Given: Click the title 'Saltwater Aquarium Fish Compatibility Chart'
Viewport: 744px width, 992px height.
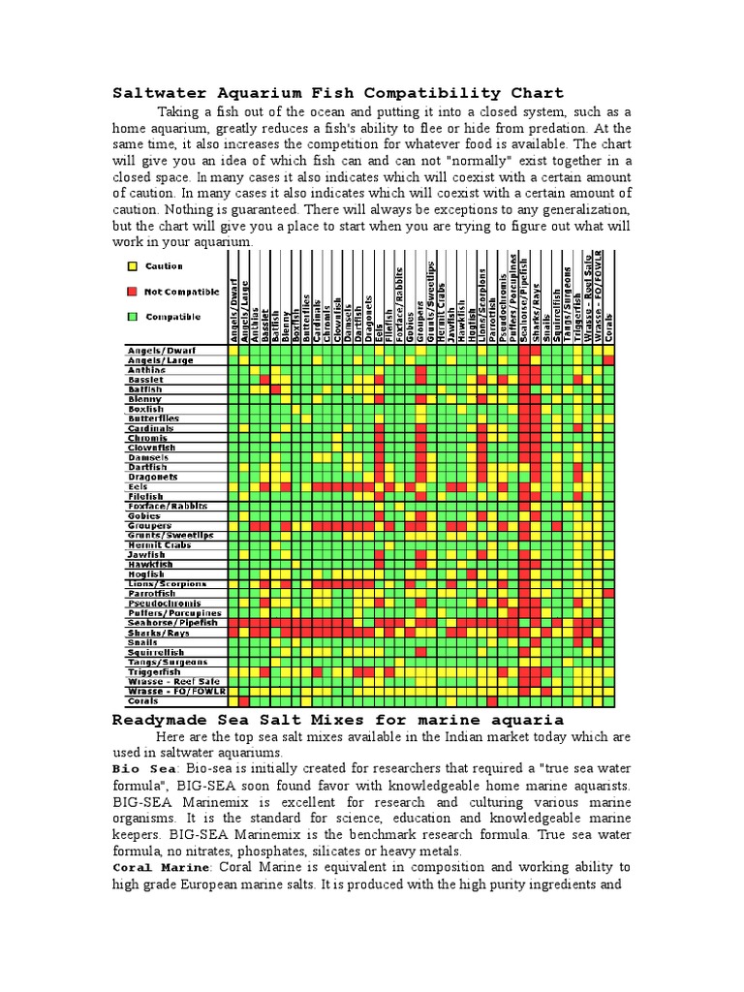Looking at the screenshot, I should tap(338, 93).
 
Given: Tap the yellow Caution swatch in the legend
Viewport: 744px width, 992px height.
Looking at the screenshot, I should tap(132, 266).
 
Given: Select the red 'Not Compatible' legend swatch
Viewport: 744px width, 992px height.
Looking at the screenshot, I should tap(132, 292).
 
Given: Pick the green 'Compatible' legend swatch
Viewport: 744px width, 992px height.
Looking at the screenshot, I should tap(132, 317).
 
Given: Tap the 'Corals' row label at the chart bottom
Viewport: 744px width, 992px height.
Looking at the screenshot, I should tap(143, 700).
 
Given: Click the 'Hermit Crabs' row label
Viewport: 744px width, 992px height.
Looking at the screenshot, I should tap(159, 544).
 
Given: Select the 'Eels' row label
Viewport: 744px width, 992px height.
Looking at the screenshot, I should tap(138, 486).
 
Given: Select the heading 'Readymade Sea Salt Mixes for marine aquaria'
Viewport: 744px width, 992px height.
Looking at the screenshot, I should tap(338, 720).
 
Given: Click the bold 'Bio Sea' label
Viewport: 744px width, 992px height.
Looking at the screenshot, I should tap(140, 768).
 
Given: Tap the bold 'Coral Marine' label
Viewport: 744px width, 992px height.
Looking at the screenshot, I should tap(159, 867).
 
